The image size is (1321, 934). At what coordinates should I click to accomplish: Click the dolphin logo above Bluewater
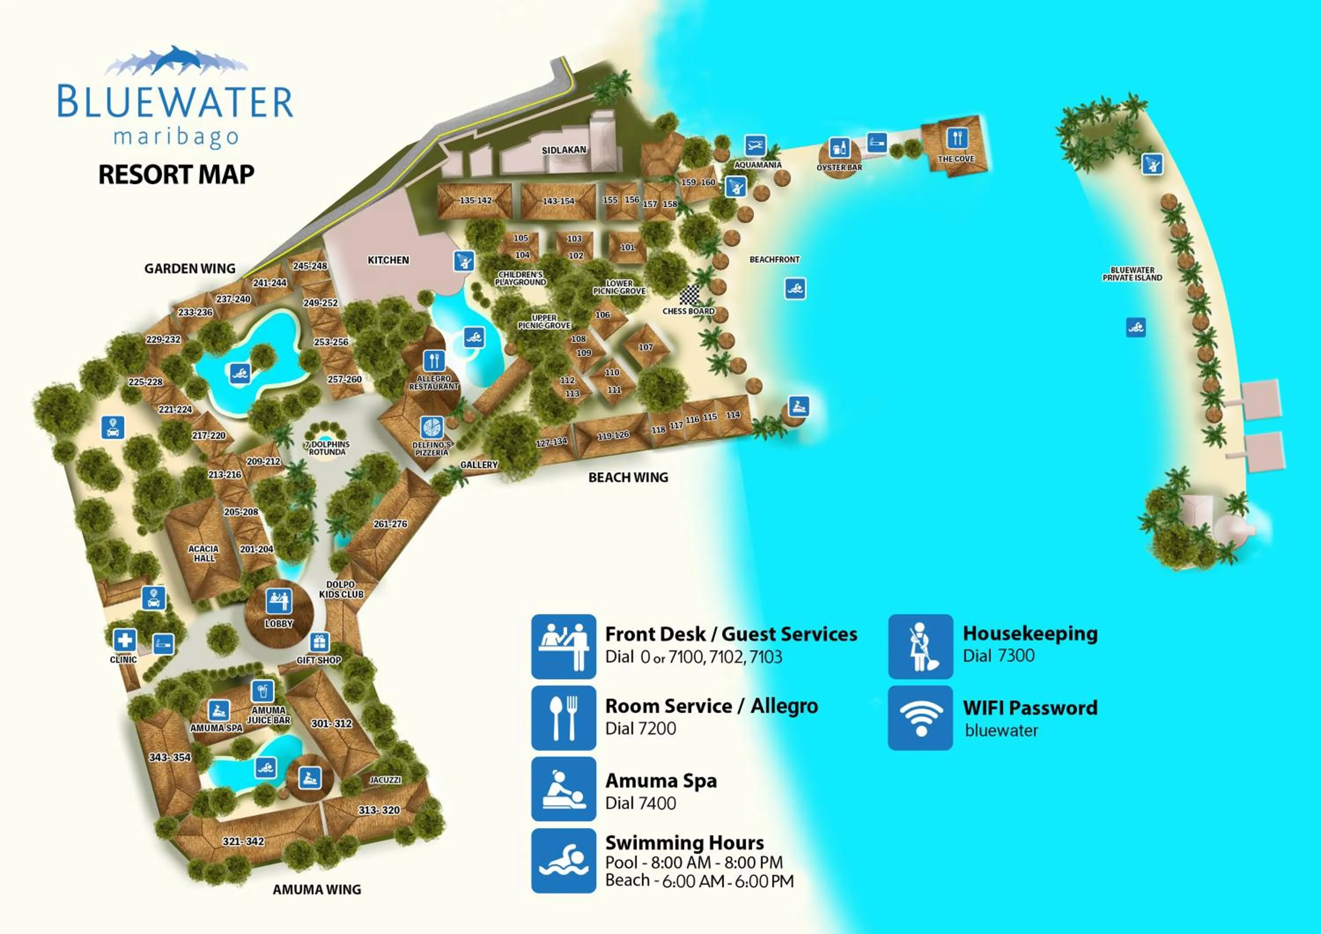(x=176, y=61)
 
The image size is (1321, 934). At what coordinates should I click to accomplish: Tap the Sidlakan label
(x=564, y=150)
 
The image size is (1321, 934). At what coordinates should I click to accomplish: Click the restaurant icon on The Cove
(x=957, y=138)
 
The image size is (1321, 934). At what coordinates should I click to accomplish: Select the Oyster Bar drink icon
(x=839, y=148)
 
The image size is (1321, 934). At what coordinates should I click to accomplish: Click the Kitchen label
(x=388, y=260)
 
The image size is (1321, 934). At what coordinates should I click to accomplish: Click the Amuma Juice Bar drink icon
(x=262, y=690)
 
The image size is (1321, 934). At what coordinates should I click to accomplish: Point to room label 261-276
(x=390, y=524)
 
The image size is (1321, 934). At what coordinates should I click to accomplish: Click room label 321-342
(x=244, y=841)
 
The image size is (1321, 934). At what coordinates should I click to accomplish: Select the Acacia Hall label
(x=204, y=553)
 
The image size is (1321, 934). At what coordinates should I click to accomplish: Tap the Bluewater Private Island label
(x=1132, y=274)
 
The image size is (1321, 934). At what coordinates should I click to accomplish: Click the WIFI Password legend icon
(x=921, y=718)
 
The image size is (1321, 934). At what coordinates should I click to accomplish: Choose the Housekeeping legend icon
(x=921, y=646)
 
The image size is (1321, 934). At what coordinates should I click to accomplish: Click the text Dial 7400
(x=640, y=803)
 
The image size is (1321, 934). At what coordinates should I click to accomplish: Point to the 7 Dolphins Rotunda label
(x=327, y=448)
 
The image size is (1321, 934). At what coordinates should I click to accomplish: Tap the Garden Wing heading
(x=190, y=269)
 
